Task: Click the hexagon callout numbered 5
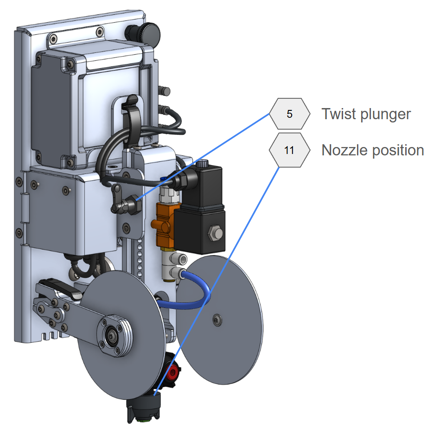(289, 114)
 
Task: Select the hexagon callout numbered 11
(289, 150)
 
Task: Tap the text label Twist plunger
(366, 114)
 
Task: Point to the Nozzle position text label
(372, 150)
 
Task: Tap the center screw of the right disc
(217, 319)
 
